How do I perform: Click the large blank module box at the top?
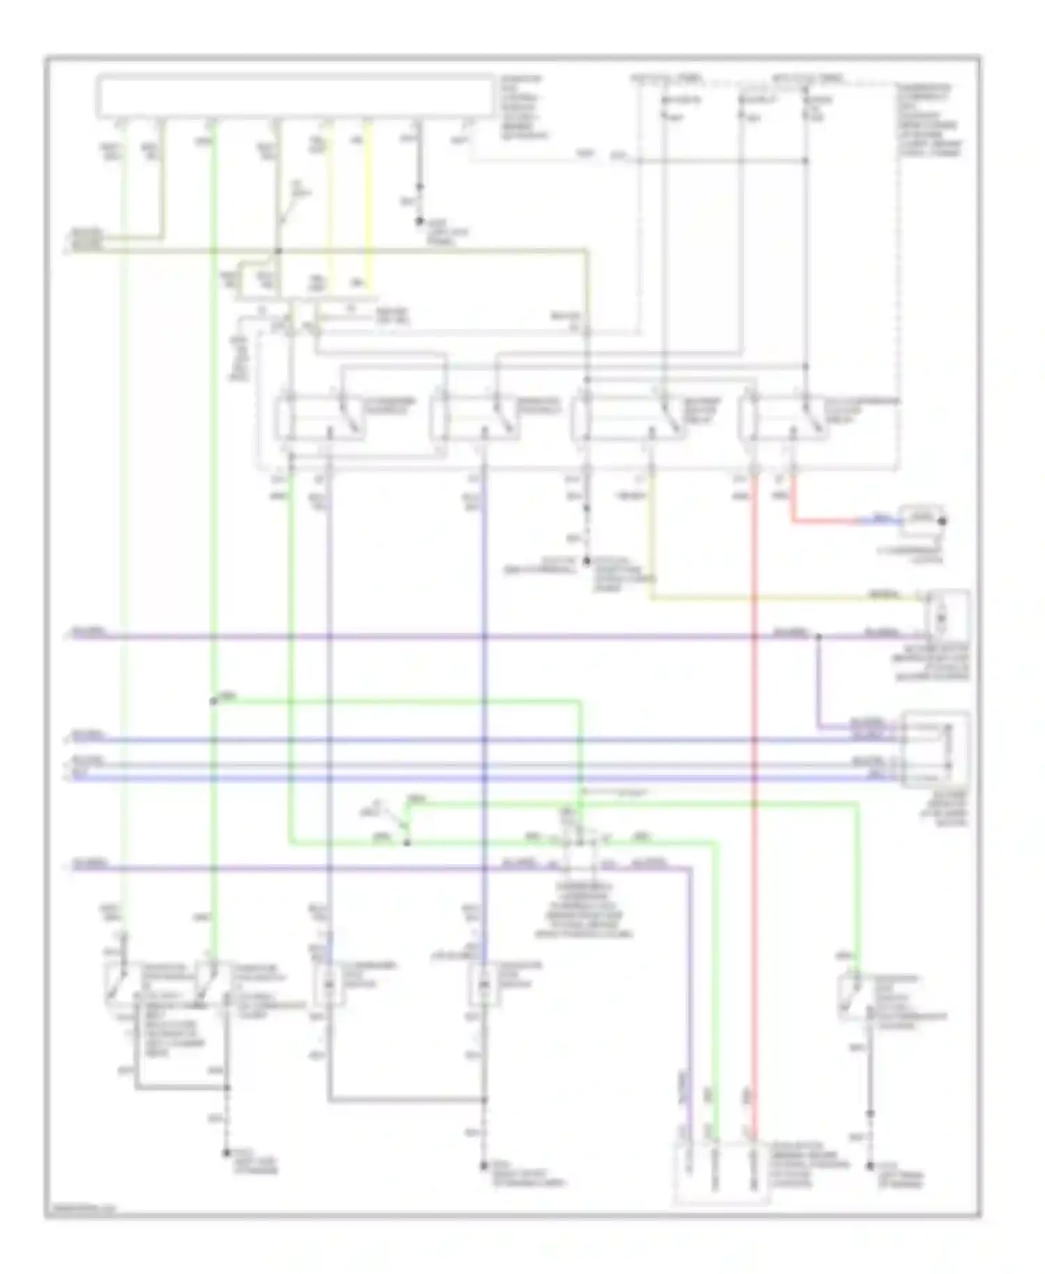(296, 95)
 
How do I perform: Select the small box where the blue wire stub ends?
(921, 519)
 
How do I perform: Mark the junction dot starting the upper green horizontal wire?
(213, 701)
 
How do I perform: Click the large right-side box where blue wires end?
(935, 749)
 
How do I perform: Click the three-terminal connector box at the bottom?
(721, 1174)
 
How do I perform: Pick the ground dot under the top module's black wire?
(419, 222)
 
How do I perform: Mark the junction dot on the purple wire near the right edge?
(818, 636)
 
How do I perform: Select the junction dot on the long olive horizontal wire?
(278, 250)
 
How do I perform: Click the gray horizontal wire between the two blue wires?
(488, 763)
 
